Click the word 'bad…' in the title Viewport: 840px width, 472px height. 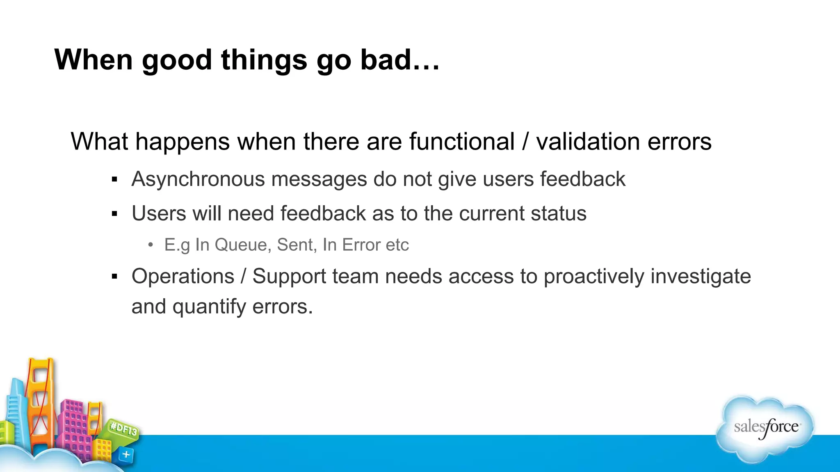399,60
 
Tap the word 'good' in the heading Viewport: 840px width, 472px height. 176,60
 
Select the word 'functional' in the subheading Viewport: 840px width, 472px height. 461,142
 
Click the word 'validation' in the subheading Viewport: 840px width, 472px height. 587,142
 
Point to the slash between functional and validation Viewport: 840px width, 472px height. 525,142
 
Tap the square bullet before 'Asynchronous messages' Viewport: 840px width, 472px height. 114,179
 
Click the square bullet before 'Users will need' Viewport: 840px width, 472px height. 114,214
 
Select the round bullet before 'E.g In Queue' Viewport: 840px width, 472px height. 151,245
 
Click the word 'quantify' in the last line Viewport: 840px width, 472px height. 208,307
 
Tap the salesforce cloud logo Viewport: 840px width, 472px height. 765,428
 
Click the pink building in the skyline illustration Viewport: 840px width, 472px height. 76,426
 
